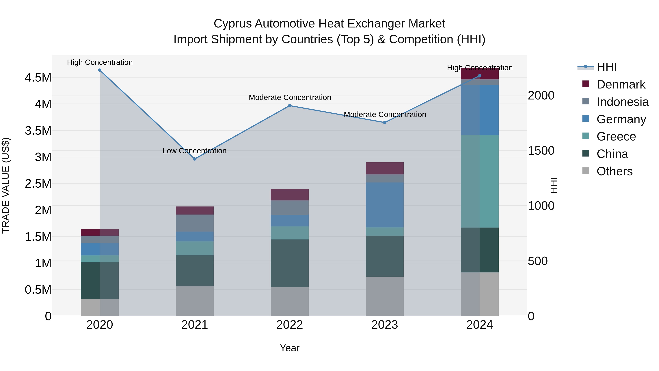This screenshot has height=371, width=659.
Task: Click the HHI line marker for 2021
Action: [195, 159]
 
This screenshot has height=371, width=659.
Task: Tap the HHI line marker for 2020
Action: [100, 70]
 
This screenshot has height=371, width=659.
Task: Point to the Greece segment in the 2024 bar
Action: [480, 181]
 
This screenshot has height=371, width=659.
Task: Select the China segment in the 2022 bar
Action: [290, 263]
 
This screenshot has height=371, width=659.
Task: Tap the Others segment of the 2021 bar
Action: [195, 301]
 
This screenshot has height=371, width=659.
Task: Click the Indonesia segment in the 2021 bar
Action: [195, 223]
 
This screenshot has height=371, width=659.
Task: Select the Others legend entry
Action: [614, 171]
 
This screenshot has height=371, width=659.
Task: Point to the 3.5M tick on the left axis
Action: [38, 131]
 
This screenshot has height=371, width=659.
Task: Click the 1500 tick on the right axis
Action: [541, 151]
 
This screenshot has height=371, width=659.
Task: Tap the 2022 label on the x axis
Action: [290, 325]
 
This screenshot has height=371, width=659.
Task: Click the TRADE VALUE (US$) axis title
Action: [6, 185]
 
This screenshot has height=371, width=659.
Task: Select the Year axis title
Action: [290, 348]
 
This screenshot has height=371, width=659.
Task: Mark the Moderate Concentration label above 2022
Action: [290, 97]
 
